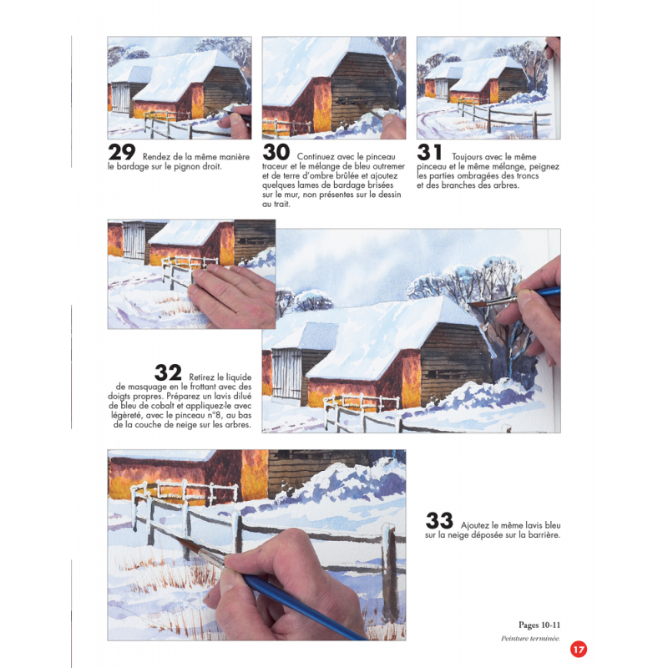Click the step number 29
[x=122, y=152]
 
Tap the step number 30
[x=276, y=152]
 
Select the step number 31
[x=429, y=152]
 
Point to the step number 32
[x=168, y=372]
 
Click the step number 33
[x=439, y=520]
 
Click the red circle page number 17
[x=579, y=650]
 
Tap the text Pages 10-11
[x=539, y=625]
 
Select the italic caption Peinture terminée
[x=530, y=638]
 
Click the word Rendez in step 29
[x=154, y=157]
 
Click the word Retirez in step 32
[x=201, y=377]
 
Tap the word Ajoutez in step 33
[x=474, y=525]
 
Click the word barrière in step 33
[x=544, y=535]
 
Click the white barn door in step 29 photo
[x=120, y=98]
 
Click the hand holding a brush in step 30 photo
[x=392, y=126]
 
